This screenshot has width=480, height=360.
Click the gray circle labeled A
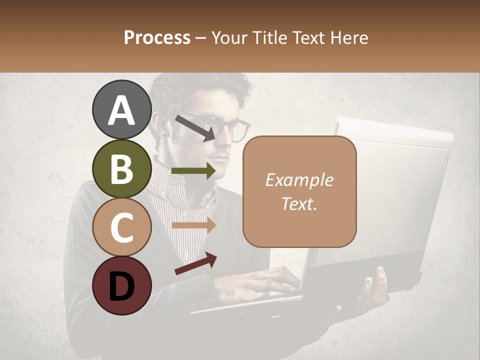[122, 110]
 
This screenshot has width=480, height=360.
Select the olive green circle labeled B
[122, 168]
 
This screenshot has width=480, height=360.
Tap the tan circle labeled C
[122, 227]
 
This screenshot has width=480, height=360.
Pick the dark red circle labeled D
[122, 285]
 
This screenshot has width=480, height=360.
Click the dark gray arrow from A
[195, 127]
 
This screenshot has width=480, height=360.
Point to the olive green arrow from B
[193, 171]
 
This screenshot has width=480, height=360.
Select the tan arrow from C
[193, 225]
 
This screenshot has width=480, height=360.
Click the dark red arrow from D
[195, 263]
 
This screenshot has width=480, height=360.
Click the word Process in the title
[157, 37]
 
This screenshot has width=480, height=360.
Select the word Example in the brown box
[299, 180]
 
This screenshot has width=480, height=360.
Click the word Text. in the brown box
[299, 204]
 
